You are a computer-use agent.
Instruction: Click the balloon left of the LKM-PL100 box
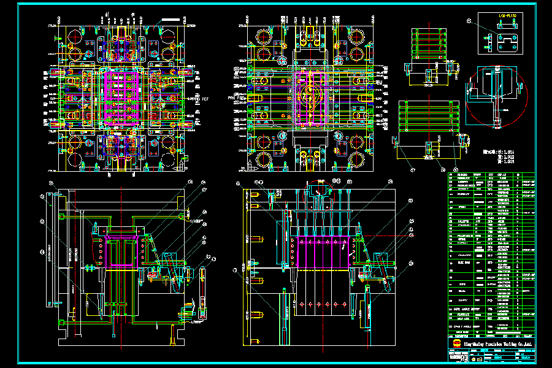(469, 21)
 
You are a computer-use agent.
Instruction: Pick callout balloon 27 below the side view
(412, 170)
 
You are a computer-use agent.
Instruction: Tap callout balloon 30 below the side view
(455, 170)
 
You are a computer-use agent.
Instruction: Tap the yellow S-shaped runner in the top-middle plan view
(310, 98)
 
